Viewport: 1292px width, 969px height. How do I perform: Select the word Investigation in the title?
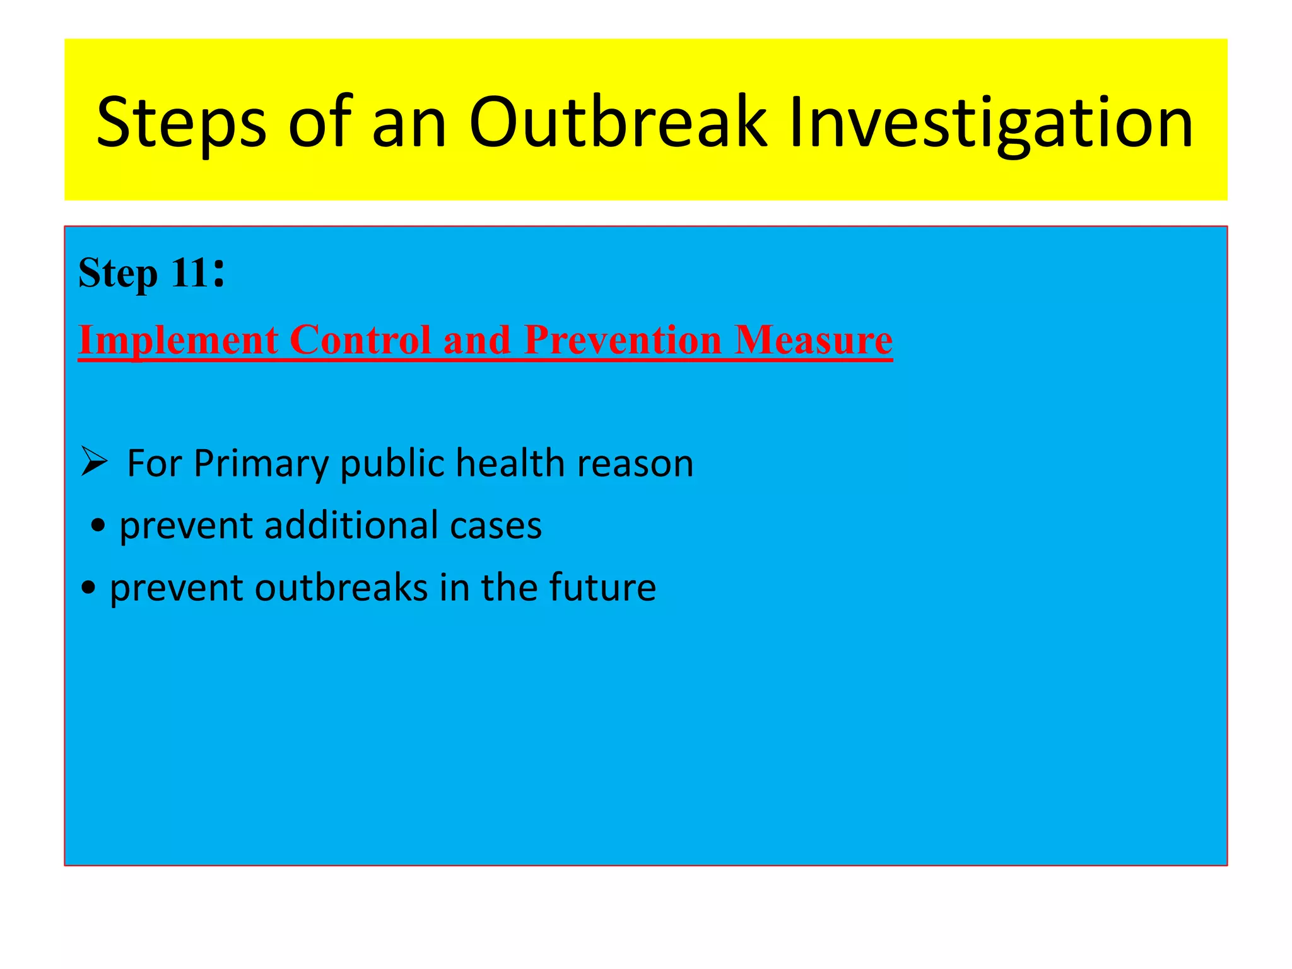click(990, 123)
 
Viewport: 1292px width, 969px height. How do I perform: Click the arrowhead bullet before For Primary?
click(94, 462)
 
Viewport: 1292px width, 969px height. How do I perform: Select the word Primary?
click(261, 464)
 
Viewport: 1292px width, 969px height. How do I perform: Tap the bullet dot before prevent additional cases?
click(98, 526)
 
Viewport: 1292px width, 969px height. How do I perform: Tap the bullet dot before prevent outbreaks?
click(88, 588)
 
